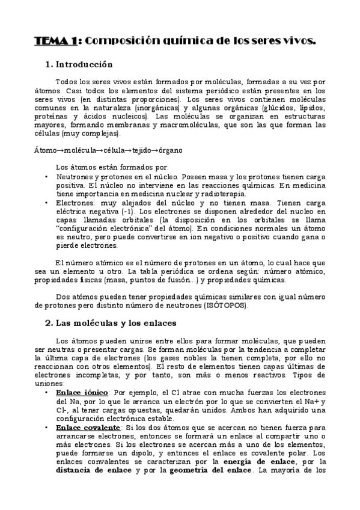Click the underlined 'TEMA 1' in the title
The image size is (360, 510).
(55, 40)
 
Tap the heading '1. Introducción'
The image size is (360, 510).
(79, 64)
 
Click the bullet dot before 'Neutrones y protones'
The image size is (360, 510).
(47, 177)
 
